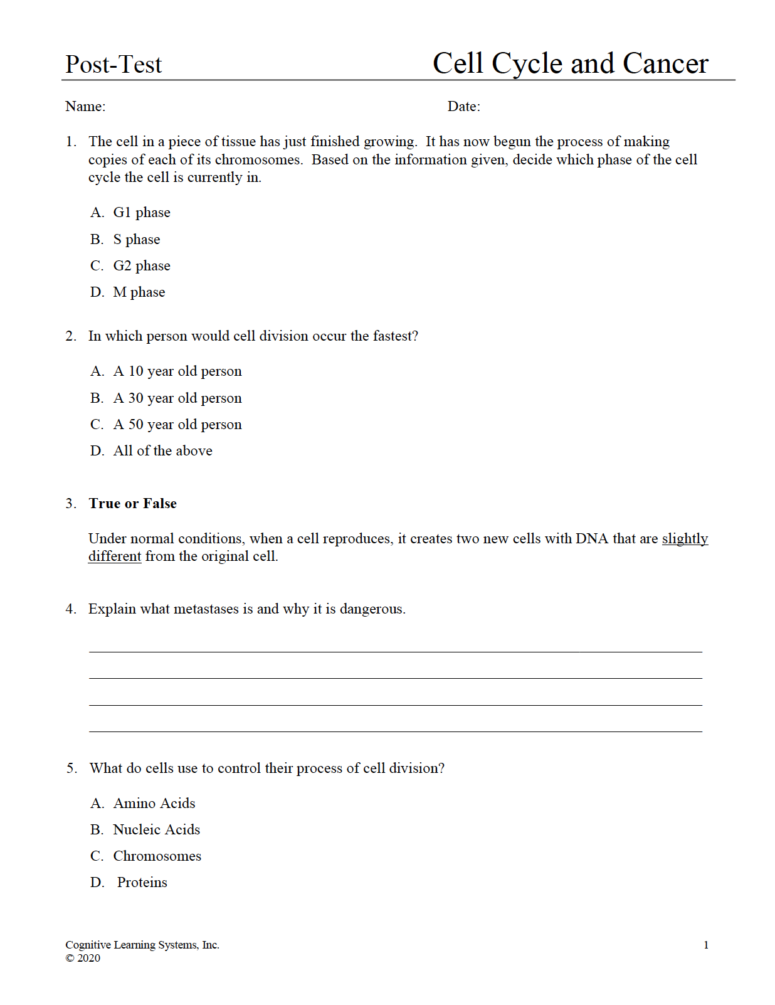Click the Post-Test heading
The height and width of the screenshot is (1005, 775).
(113, 65)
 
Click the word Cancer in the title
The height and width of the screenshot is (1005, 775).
(665, 64)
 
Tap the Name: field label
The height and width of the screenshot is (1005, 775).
(85, 107)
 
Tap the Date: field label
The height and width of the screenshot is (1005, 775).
(464, 107)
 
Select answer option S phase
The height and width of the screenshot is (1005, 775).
(136, 240)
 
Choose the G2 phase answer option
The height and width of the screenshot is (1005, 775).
(141, 266)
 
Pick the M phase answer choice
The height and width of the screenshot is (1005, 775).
(139, 292)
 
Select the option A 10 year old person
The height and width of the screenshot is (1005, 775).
(177, 371)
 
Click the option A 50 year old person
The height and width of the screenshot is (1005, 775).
(177, 425)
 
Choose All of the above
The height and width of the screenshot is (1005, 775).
(162, 451)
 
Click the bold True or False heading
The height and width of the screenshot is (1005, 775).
(132, 504)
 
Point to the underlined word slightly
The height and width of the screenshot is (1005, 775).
(685, 539)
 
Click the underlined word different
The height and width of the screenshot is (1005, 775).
(115, 556)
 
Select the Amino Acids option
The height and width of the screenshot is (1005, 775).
(154, 804)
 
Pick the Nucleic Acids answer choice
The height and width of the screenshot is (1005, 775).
(156, 830)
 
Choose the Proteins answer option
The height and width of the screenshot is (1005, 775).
(142, 883)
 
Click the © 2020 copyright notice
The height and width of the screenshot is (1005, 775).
(83, 958)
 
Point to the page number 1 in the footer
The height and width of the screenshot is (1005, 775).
(706, 945)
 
